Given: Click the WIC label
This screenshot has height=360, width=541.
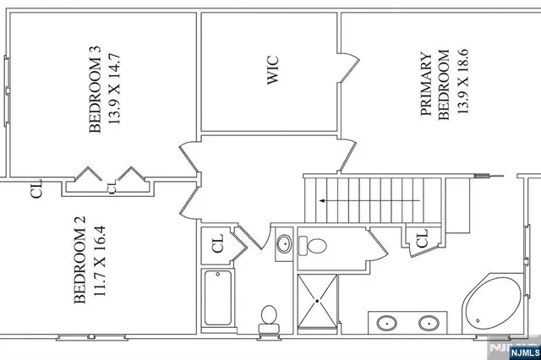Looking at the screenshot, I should pos(273,73).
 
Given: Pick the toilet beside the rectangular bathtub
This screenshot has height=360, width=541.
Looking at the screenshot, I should pos(269,316).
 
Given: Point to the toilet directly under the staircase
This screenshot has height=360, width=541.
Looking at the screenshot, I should pos(316,246).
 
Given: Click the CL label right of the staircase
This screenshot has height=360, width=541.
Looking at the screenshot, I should pos(421,240).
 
